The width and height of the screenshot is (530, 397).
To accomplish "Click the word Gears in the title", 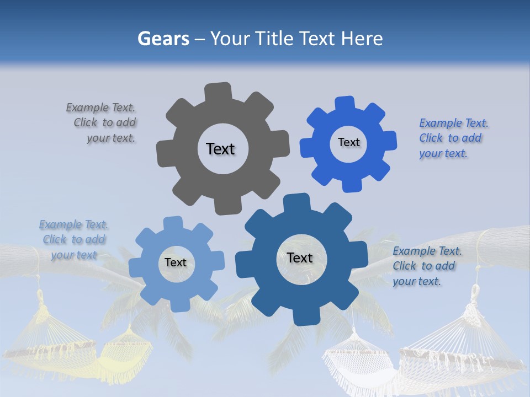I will tap(163, 39).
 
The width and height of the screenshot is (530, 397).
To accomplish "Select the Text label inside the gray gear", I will tap(220, 149).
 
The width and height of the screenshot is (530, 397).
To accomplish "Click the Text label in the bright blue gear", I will tap(348, 142).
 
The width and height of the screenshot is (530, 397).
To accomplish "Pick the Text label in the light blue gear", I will tap(176, 262).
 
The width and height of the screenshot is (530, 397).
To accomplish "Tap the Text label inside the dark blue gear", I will tap(300, 257).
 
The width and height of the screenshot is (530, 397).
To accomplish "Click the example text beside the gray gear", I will tap(103, 123).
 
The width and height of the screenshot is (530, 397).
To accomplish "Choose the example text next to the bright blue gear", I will tap(453, 138).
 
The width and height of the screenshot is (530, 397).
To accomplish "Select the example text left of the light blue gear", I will tap(74, 240).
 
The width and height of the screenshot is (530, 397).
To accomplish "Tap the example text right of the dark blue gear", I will tap(426, 266).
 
